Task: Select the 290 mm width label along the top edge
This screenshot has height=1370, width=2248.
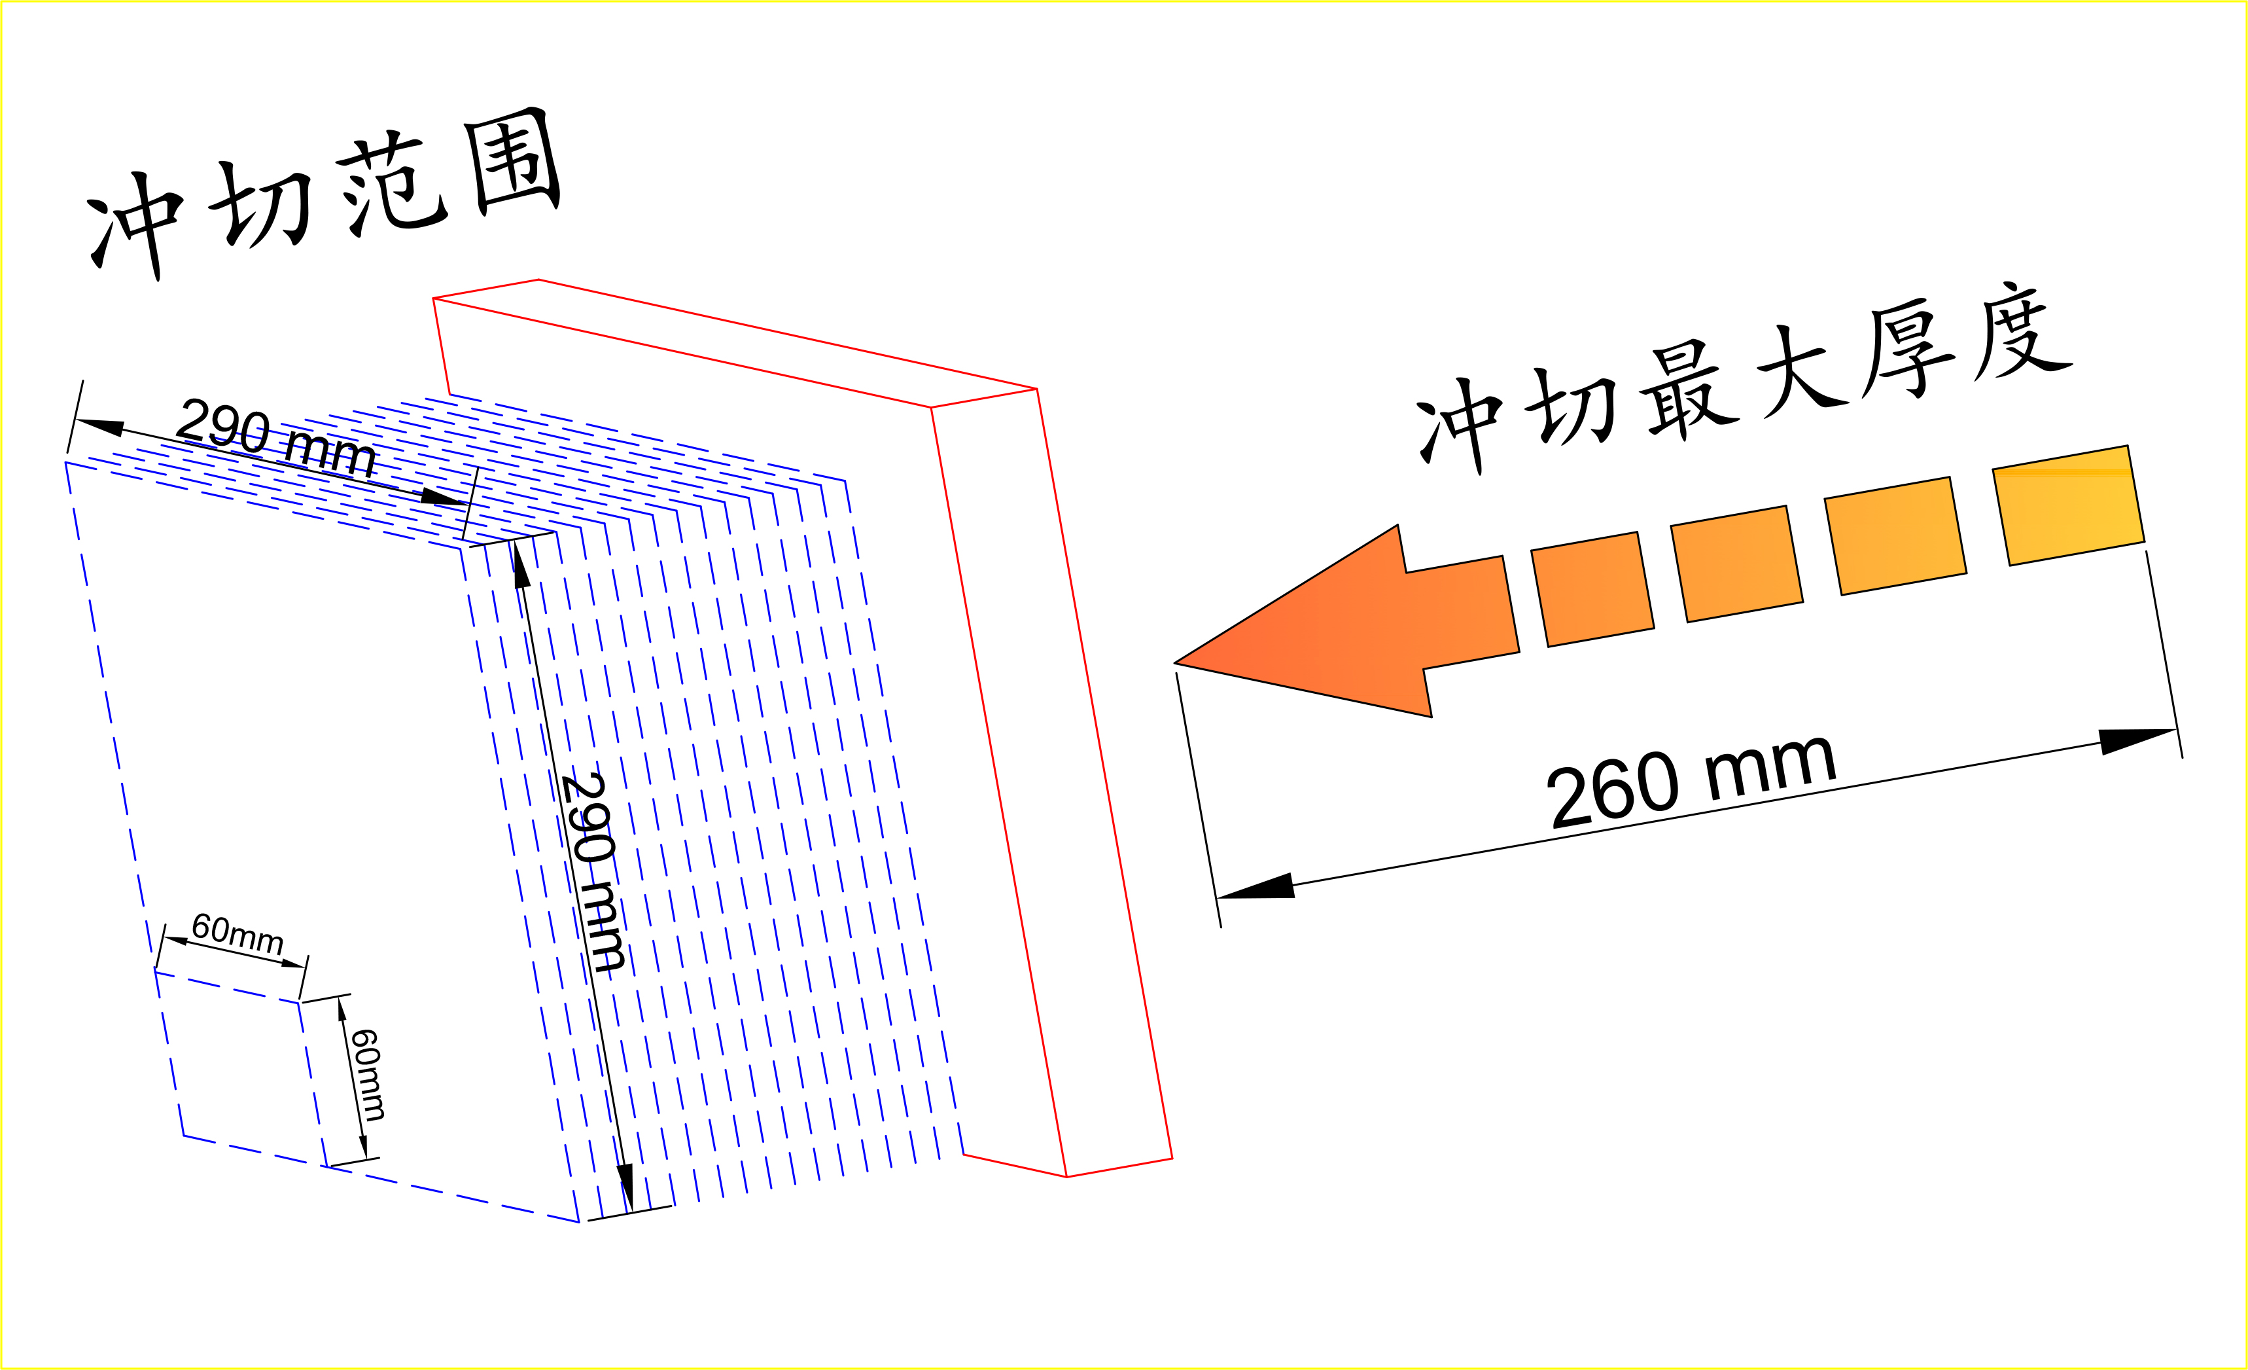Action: click(x=275, y=437)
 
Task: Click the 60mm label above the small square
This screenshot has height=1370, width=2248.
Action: click(x=237, y=933)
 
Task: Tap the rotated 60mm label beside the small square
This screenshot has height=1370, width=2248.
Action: click(x=368, y=1075)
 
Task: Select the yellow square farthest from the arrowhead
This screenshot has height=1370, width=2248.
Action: click(x=2068, y=505)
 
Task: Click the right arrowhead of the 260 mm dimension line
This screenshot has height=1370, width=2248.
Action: click(x=2137, y=740)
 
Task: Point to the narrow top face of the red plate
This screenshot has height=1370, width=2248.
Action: click(x=735, y=343)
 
